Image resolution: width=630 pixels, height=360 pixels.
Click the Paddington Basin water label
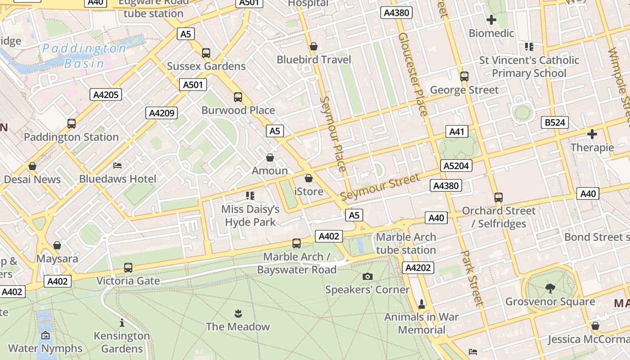pyautogui.click(x=84, y=55)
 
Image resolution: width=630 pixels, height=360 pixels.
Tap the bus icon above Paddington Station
pyautogui.click(x=71, y=123)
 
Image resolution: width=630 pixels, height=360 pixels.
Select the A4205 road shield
pyautogui.click(x=106, y=94)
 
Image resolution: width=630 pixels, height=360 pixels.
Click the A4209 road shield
pyautogui.click(x=161, y=113)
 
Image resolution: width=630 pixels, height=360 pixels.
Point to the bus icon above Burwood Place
pyautogui.click(x=238, y=97)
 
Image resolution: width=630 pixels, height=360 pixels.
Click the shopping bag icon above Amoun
pyautogui.click(x=270, y=157)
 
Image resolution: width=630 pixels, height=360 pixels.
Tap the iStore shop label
pyautogui.click(x=309, y=192)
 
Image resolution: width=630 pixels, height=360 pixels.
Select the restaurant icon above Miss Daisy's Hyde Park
pyautogui.click(x=250, y=196)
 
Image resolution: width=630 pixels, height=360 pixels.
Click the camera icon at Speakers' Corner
pyautogui.click(x=368, y=276)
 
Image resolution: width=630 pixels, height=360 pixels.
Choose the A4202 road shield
pyautogui.click(x=418, y=268)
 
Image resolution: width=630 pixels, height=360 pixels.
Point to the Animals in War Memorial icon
pyautogui.click(x=422, y=304)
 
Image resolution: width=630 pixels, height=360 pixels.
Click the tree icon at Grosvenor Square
pyautogui.click(x=550, y=288)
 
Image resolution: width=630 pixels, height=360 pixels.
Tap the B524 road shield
pyautogui.click(x=556, y=122)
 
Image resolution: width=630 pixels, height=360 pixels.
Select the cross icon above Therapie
pyautogui.click(x=592, y=134)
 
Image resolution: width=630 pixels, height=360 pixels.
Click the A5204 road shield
pyautogui.click(x=456, y=166)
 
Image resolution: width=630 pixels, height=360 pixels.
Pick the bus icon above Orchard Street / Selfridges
pyautogui.click(x=498, y=197)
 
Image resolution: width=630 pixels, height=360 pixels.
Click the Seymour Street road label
pyautogui.click(x=380, y=188)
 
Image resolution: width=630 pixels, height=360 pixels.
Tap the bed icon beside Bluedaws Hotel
pyautogui.click(x=117, y=166)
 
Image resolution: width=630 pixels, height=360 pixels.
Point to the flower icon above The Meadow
pyautogui.click(x=238, y=313)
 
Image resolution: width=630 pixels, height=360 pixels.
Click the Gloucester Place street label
pyautogui.click(x=413, y=74)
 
